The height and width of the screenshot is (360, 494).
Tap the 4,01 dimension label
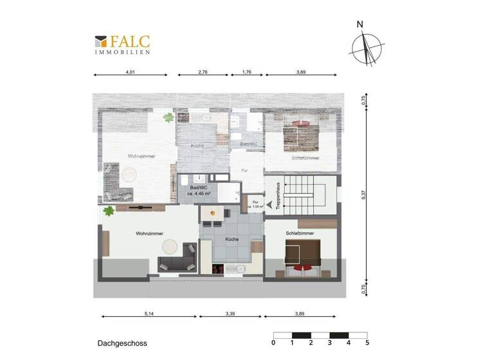coord(131,72)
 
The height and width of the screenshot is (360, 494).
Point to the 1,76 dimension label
coord(247,72)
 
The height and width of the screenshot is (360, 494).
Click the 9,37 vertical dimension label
coord(363,196)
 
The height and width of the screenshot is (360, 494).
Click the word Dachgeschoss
coord(122,343)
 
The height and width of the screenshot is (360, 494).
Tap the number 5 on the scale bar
coord(367,343)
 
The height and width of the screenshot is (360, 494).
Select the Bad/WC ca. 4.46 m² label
coord(195,190)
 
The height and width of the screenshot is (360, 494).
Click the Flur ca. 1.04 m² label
coord(255,205)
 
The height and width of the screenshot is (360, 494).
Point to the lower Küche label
coord(232,239)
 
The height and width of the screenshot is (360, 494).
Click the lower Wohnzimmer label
coord(149,233)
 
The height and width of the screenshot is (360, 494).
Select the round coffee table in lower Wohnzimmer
coord(170,246)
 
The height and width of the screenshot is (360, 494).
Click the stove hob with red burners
coord(219,268)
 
